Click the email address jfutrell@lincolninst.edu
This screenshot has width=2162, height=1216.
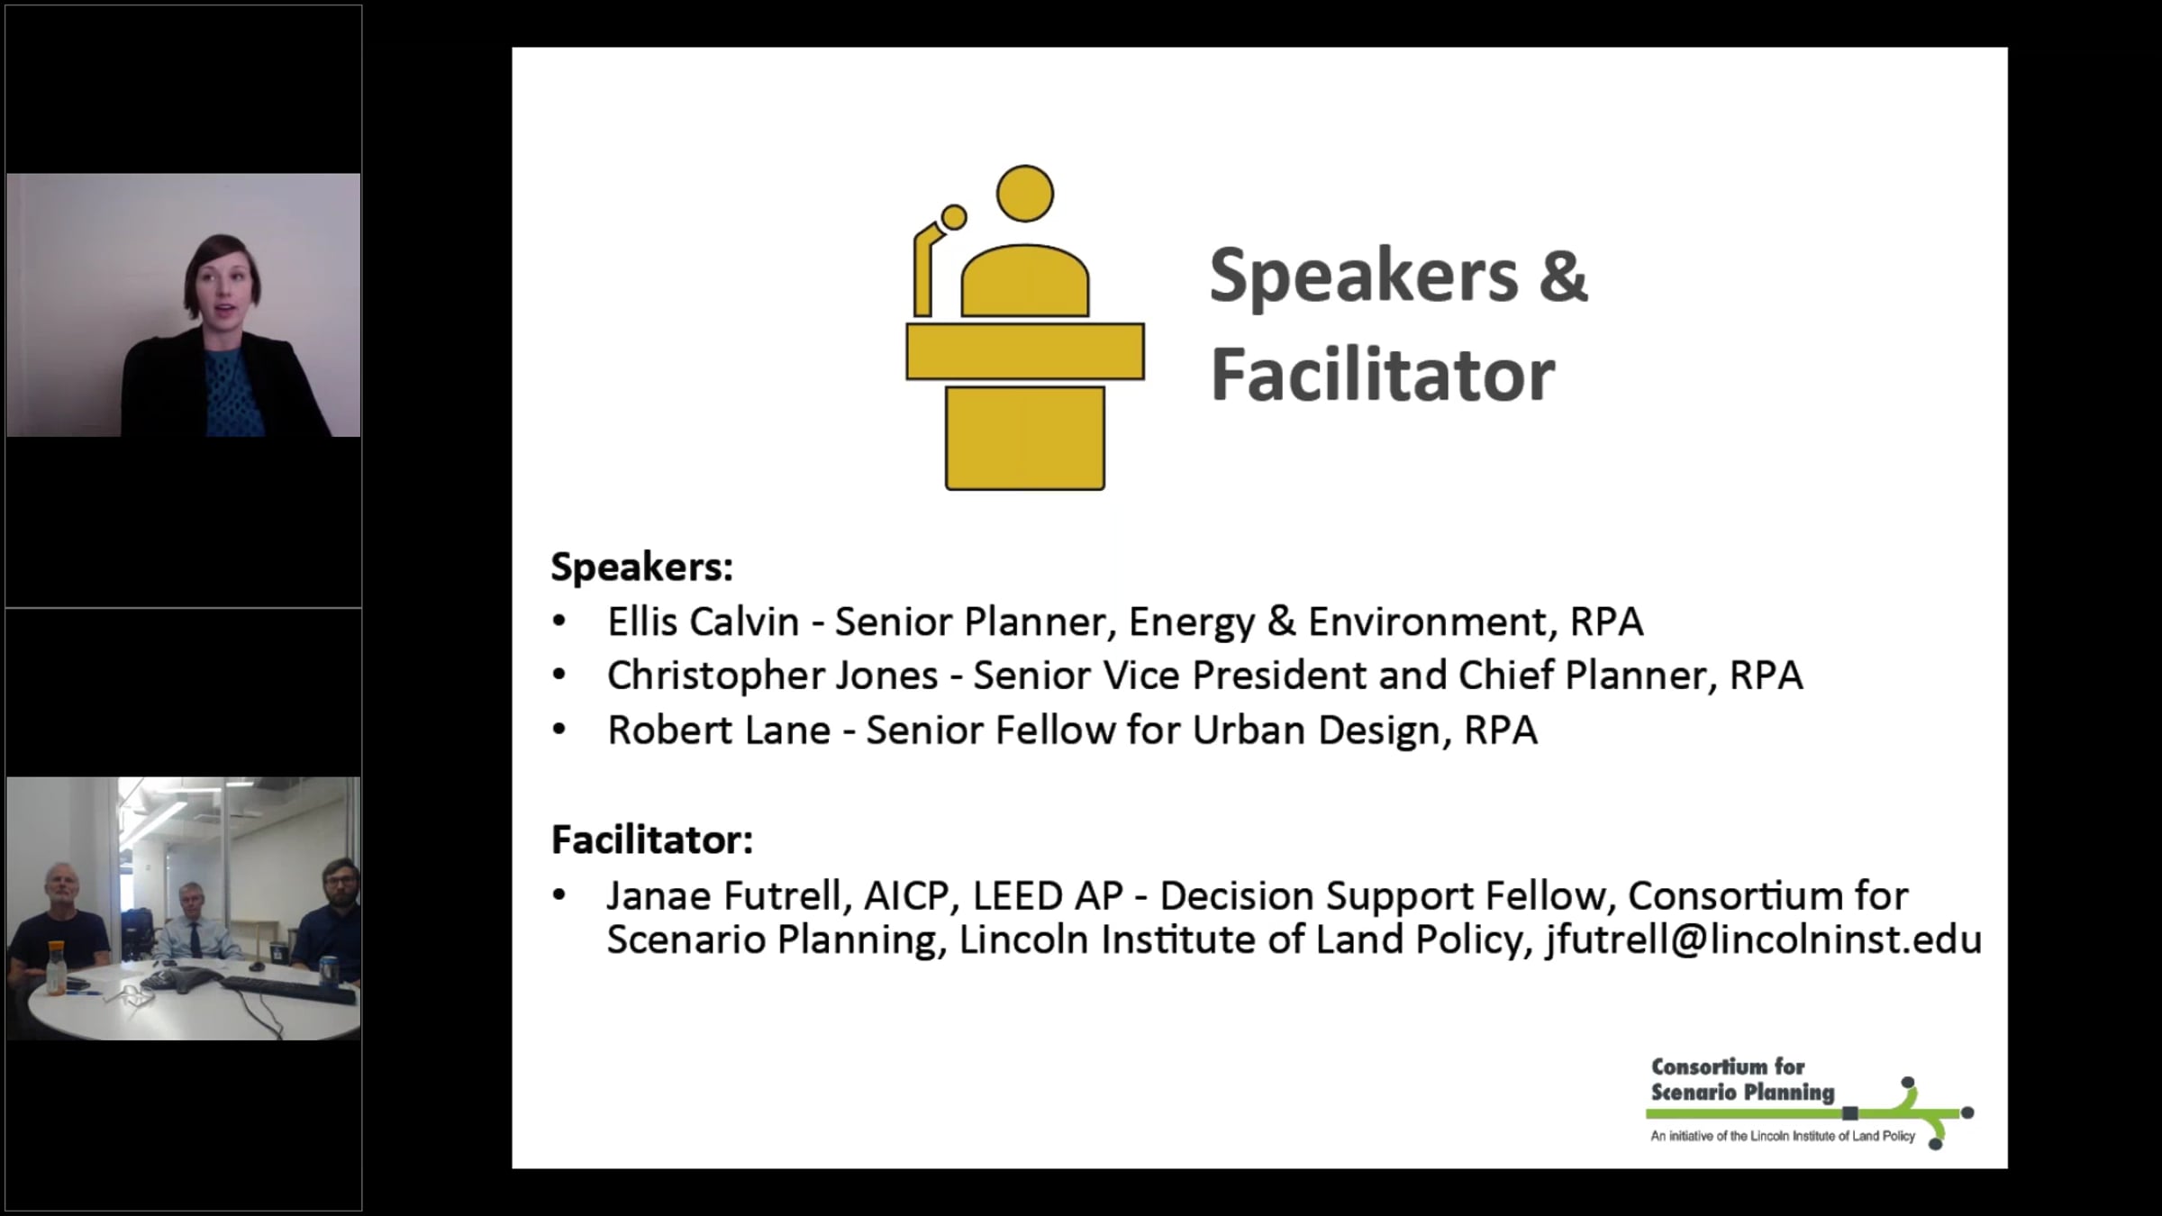pos(1763,939)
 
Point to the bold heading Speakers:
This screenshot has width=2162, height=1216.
pos(642,567)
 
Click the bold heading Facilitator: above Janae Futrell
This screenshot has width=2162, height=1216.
pos(652,839)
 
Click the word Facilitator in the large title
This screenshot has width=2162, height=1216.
pos(1383,375)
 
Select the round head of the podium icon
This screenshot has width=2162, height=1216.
pos(1025,194)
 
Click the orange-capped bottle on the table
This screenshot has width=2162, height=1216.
pos(54,968)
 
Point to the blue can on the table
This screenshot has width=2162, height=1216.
pos(327,969)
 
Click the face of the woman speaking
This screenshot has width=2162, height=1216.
pos(222,293)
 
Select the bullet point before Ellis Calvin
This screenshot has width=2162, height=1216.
pos(559,621)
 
